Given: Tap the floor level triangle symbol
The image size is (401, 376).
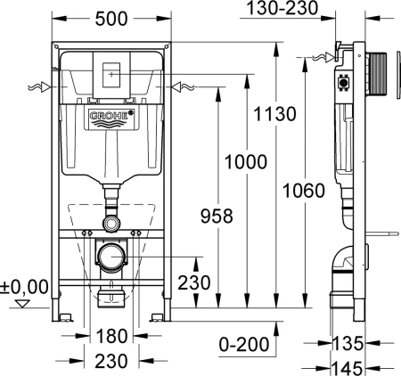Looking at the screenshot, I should click(23, 305).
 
